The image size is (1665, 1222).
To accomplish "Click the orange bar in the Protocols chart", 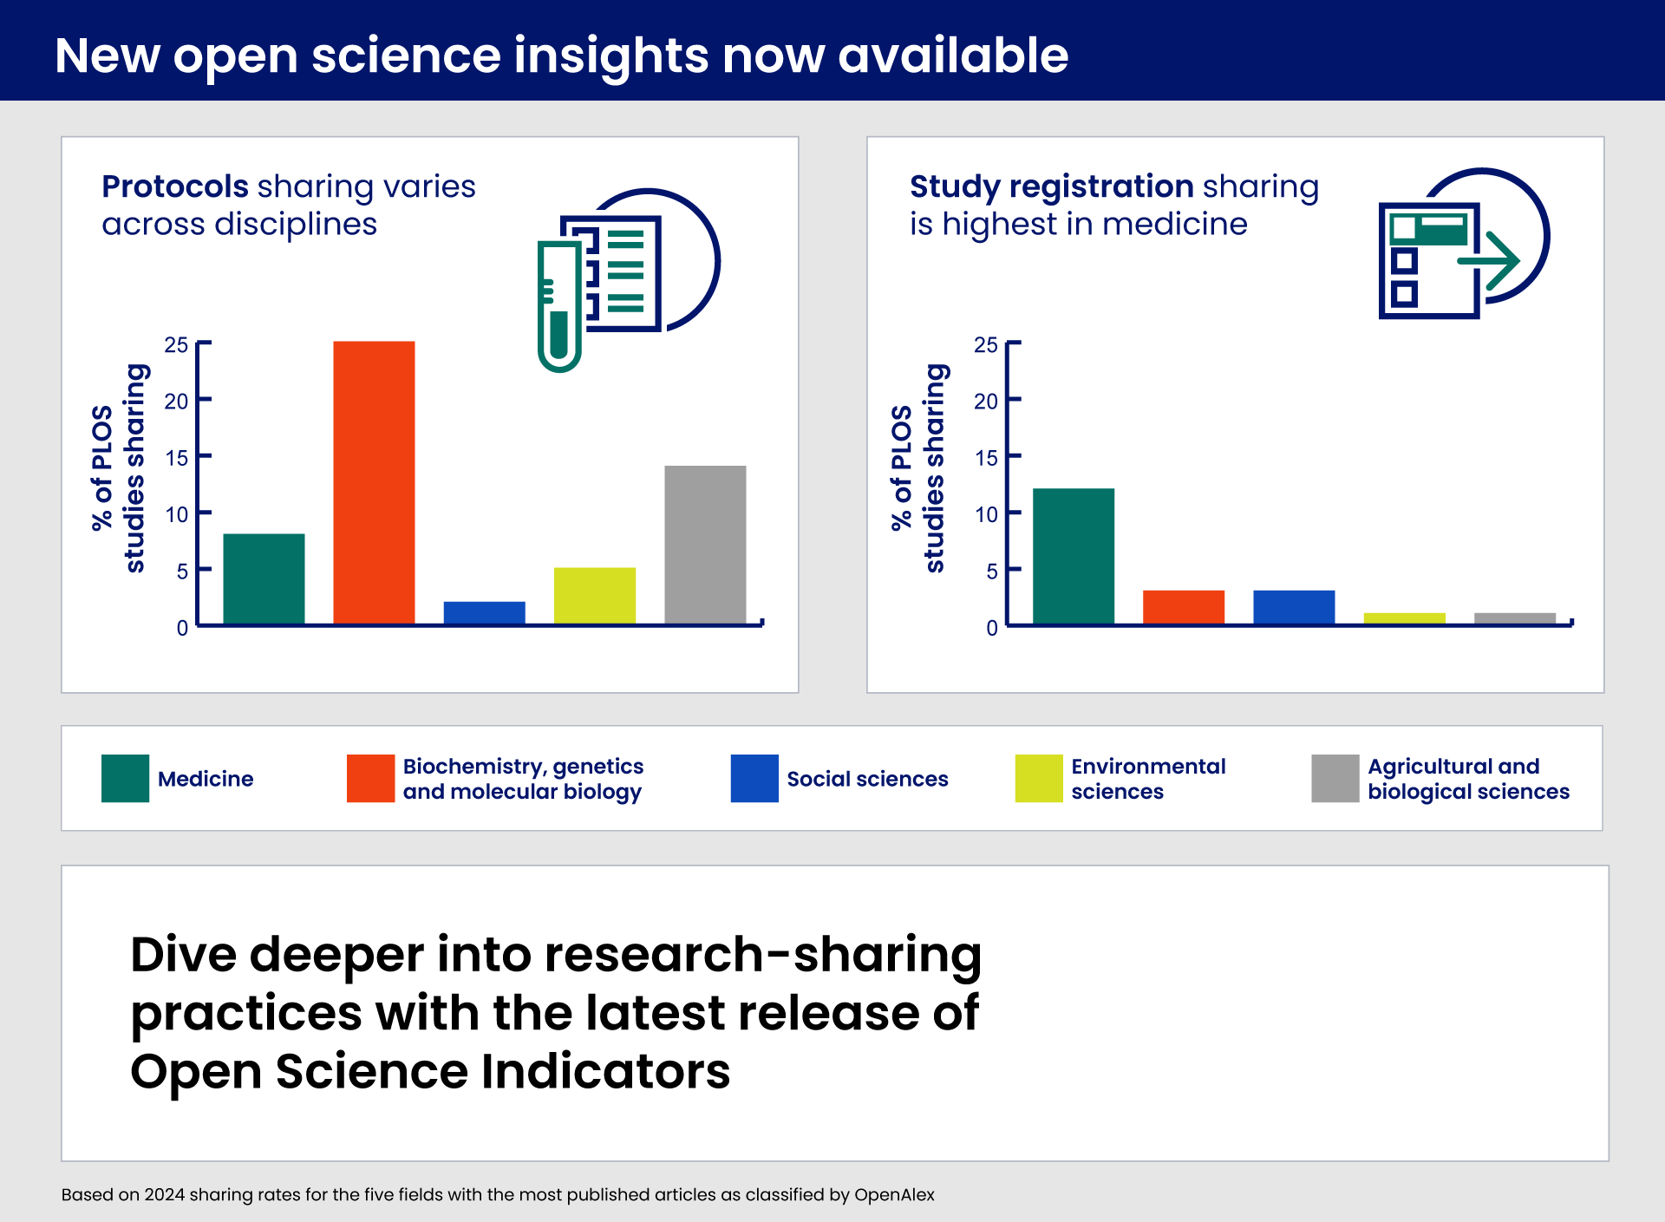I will (x=374, y=482).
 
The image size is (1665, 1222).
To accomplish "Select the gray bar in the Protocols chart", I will (x=705, y=545).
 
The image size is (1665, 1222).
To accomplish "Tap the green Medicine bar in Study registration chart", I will (x=1073, y=556).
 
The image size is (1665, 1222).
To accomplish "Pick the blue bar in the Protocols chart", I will (x=484, y=612).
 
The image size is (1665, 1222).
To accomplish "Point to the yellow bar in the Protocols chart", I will (x=594, y=595).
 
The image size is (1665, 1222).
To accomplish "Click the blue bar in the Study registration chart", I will (x=1294, y=606).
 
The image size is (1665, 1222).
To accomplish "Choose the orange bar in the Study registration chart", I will (x=1183, y=606).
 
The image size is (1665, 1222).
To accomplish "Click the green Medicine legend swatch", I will (x=125, y=778).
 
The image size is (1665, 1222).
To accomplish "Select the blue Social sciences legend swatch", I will (x=754, y=778).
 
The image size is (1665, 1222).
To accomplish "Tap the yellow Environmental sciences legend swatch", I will (x=1038, y=778).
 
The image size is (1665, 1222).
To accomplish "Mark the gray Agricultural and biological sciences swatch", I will (x=1335, y=778).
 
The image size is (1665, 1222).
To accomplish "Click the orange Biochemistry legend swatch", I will (x=370, y=778).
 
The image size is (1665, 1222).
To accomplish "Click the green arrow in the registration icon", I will (x=1492, y=260).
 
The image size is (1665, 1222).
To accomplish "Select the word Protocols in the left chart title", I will (x=175, y=186).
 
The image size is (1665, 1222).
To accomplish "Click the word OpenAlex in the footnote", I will (x=894, y=1194).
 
